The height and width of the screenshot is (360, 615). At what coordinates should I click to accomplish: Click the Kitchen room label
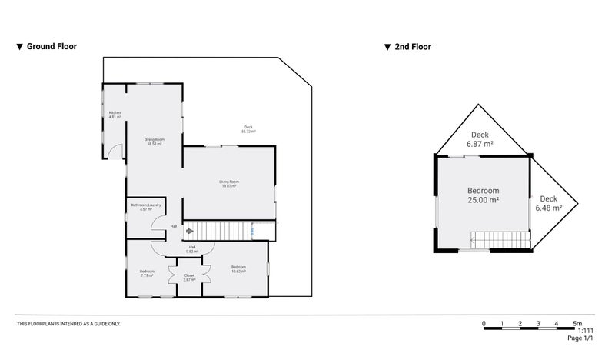click(115, 115)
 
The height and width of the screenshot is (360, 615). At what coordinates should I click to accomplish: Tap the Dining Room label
click(154, 142)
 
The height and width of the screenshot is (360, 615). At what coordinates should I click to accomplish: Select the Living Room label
click(229, 184)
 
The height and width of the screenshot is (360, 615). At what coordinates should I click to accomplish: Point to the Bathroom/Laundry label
click(145, 207)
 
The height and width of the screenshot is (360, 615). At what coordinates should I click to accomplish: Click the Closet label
click(189, 277)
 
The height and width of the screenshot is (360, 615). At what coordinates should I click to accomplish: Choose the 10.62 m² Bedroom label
click(238, 269)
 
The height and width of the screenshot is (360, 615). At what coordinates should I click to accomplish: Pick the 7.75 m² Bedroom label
click(147, 274)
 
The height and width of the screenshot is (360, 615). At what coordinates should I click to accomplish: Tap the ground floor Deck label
click(248, 129)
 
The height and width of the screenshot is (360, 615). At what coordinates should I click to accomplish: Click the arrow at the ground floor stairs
click(189, 229)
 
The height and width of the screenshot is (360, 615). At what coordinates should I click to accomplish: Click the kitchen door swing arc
click(115, 152)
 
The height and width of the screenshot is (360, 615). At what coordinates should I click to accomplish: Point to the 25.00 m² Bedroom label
click(484, 195)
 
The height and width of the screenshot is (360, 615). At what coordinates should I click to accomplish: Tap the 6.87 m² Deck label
click(481, 138)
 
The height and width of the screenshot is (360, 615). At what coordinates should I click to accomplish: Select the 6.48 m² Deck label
click(548, 203)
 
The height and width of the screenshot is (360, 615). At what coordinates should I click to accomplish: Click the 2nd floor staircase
click(500, 241)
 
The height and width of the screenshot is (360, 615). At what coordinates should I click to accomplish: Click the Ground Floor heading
click(51, 47)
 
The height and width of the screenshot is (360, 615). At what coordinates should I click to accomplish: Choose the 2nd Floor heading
click(412, 47)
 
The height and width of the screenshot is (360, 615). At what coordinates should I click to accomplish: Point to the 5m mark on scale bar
click(577, 323)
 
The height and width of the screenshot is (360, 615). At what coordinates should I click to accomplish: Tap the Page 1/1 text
click(581, 338)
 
